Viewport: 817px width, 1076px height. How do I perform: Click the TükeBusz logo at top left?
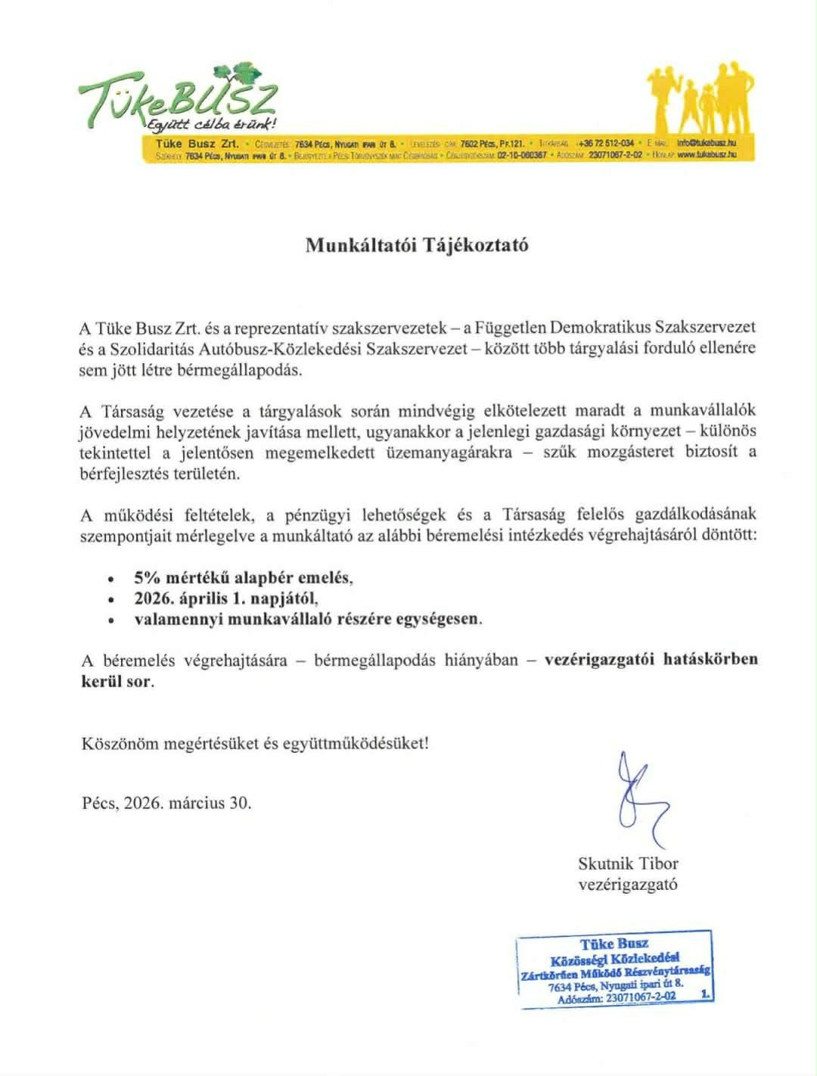point(179,95)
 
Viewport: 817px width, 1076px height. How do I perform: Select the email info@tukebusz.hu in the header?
point(707,142)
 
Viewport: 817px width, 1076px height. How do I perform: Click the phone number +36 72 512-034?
point(605,142)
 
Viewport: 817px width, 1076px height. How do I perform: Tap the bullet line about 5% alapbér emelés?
point(244,577)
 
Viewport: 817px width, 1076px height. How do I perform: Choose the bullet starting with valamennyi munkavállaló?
point(308,618)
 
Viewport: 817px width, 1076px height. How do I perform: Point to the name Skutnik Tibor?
point(628,863)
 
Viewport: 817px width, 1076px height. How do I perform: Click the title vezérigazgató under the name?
point(628,884)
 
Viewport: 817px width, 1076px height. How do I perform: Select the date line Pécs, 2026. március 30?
point(166,803)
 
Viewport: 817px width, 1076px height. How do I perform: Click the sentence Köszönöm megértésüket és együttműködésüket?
point(255,742)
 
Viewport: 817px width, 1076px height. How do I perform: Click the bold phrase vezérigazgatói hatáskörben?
point(651,659)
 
